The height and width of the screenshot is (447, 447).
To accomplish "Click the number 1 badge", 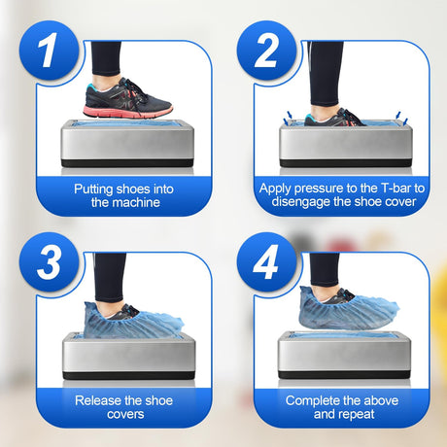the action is click(49, 51).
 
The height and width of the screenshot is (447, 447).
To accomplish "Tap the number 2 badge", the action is click(266, 51).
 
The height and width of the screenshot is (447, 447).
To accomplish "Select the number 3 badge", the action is click(49, 261).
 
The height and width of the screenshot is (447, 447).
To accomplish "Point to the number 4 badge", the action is click(266, 261).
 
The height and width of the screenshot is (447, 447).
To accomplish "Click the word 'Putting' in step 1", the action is click(93, 189).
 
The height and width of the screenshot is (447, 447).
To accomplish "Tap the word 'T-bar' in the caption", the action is click(395, 189).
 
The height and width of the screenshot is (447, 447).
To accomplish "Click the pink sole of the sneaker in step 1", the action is click(127, 112).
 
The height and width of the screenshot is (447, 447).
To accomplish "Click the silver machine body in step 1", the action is click(127, 142).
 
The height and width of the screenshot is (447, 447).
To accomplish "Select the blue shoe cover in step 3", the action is click(133, 320).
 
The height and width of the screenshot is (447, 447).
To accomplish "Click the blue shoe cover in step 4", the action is click(348, 308).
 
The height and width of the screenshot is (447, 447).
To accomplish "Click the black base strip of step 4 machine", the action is click(344, 375).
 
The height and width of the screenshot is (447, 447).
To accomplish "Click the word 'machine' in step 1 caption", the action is click(136, 203).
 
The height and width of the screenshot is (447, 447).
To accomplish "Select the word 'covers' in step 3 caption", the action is click(125, 415).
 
